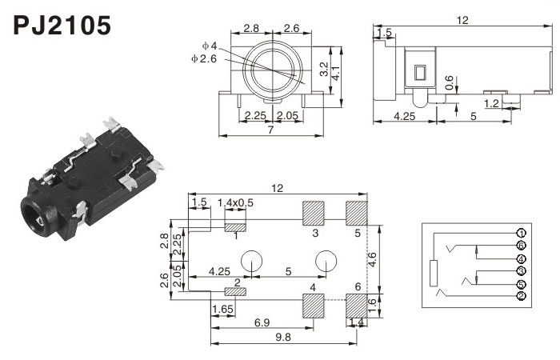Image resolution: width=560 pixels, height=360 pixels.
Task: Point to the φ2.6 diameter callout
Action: click(x=205, y=58)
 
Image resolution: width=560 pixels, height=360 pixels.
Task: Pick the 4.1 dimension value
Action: click(x=337, y=73)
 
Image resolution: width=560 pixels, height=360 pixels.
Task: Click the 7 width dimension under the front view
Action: click(x=272, y=130)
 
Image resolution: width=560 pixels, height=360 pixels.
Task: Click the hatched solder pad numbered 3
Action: click(x=314, y=212)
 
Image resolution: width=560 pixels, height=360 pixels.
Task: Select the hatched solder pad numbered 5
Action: click(x=357, y=212)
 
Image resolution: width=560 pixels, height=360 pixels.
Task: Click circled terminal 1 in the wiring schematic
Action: click(x=521, y=234)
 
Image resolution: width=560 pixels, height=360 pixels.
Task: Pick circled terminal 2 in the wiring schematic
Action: click(x=521, y=297)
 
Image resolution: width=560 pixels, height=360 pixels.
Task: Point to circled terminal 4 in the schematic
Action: click(x=521, y=259)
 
